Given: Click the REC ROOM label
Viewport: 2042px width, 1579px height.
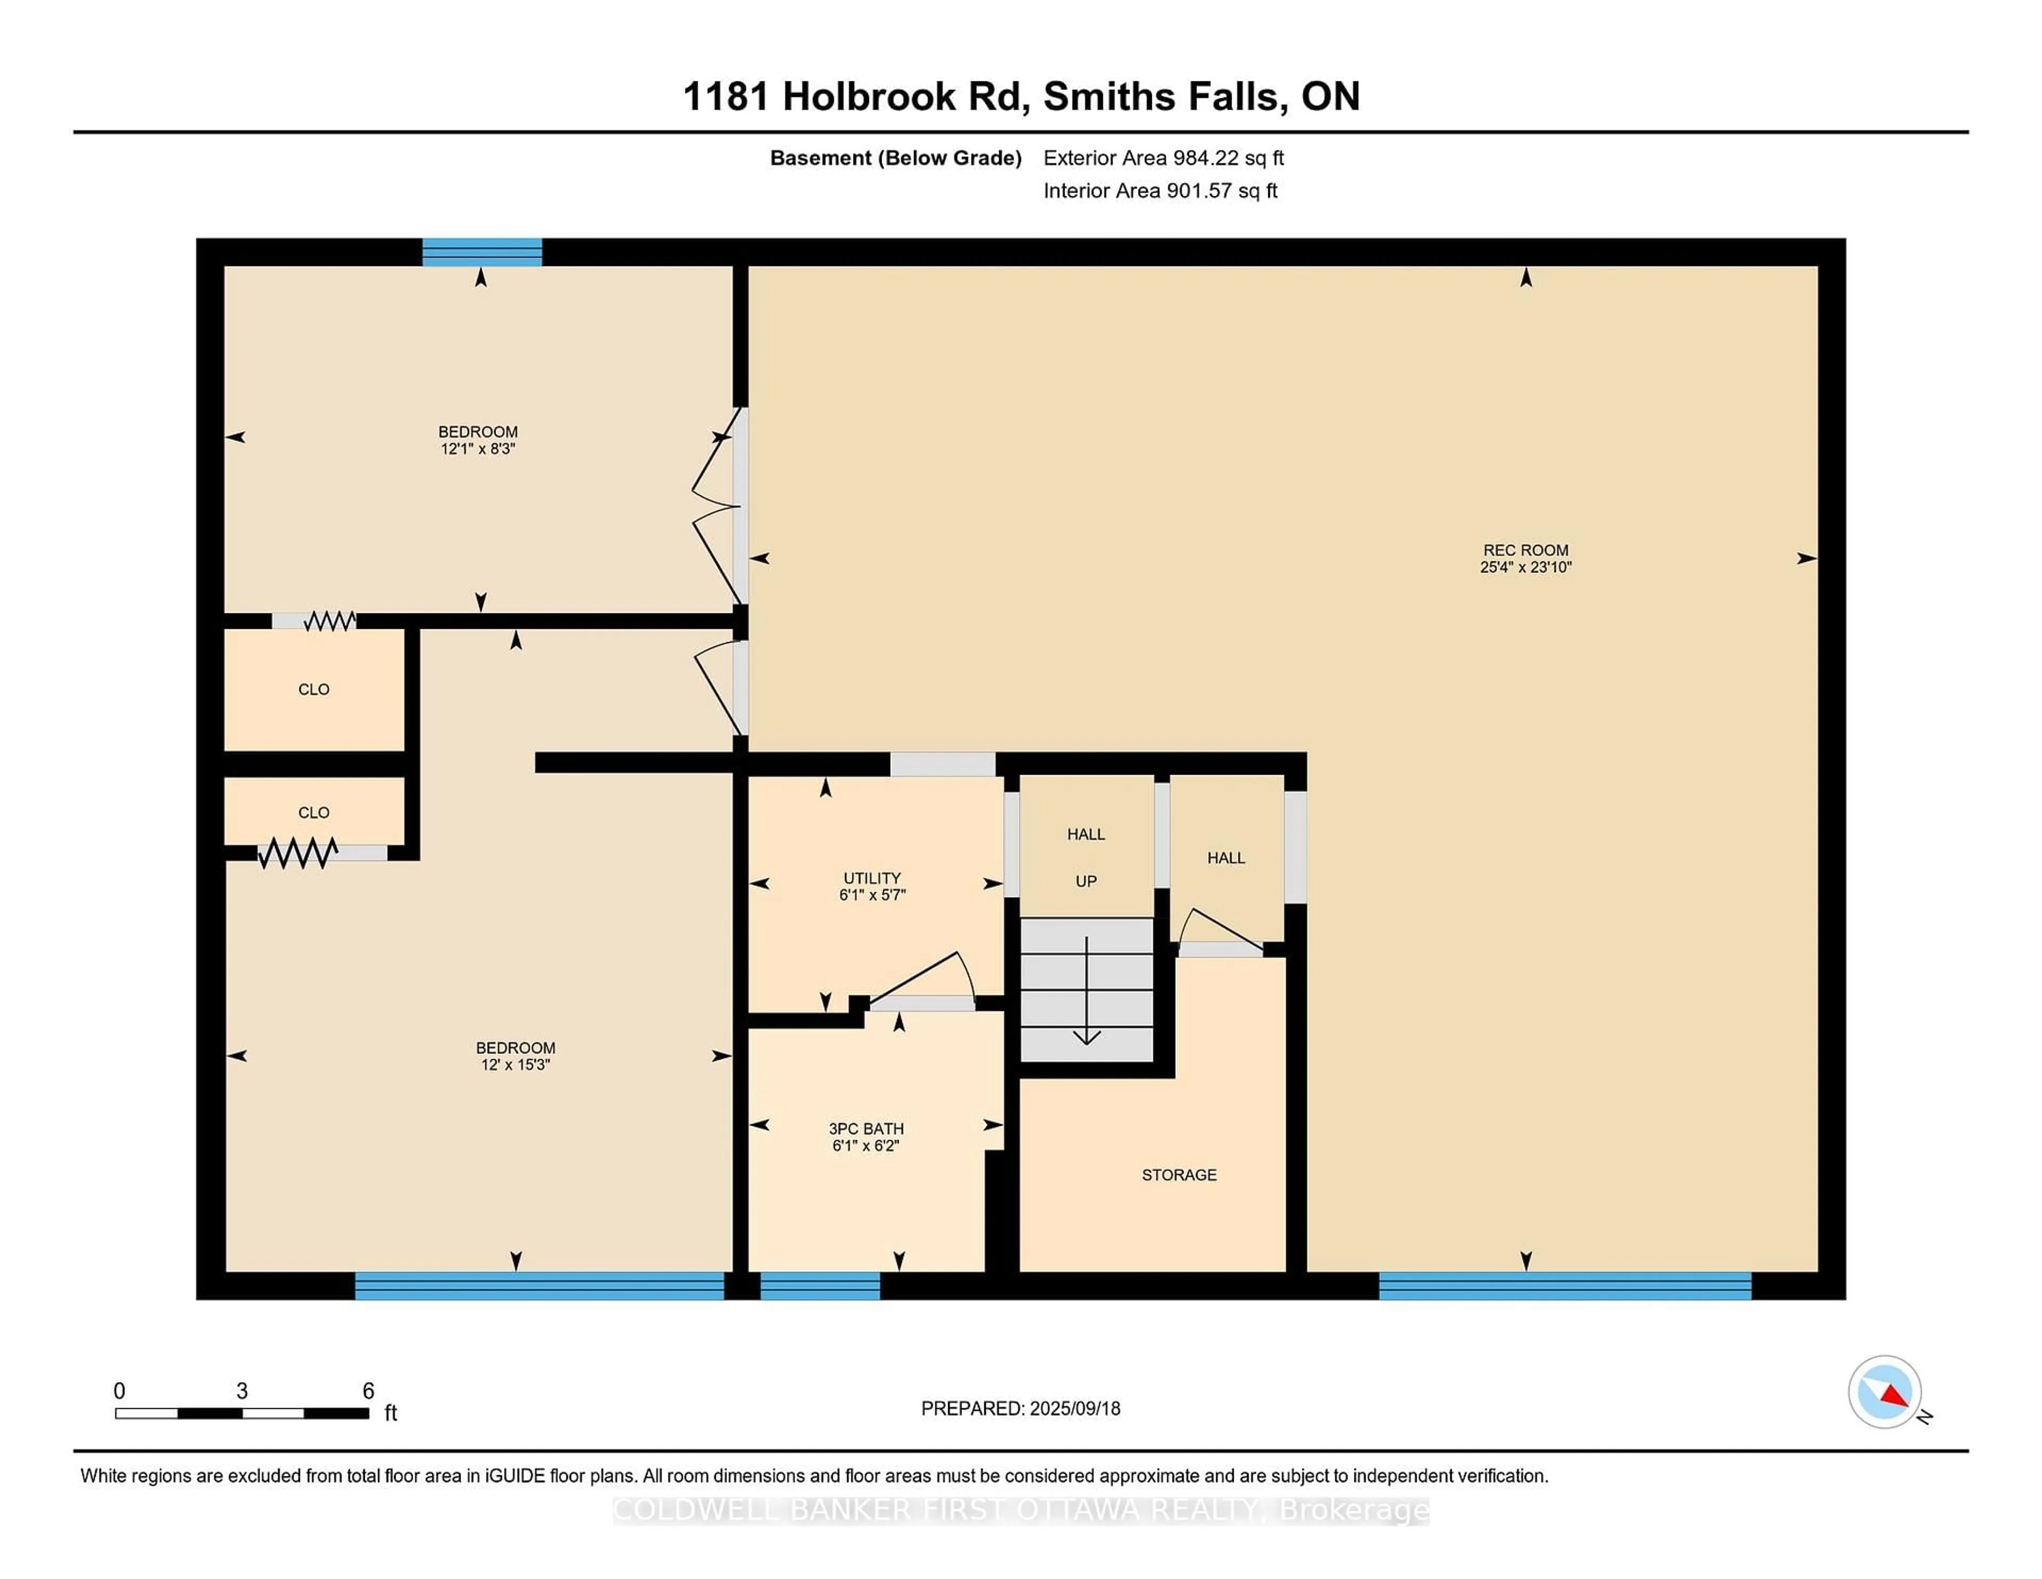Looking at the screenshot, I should pyautogui.click(x=1525, y=550).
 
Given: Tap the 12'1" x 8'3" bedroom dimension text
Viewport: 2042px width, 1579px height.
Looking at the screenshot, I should pyautogui.click(x=478, y=449).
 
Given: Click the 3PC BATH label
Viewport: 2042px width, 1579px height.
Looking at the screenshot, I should pyautogui.click(x=866, y=1128).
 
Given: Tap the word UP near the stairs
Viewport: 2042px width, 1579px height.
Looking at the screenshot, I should pyautogui.click(x=1085, y=881).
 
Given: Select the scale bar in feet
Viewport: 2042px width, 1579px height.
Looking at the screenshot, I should pyautogui.click(x=241, y=1412).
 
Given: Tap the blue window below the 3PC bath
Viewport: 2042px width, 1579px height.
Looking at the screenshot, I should pyautogui.click(x=820, y=1286).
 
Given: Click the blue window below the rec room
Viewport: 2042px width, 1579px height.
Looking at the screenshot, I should pyautogui.click(x=1564, y=1286).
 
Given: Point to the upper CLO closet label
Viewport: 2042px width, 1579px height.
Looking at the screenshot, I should pyautogui.click(x=313, y=689).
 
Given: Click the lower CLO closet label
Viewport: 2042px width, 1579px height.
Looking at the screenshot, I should pyautogui.click(x=313, y=813).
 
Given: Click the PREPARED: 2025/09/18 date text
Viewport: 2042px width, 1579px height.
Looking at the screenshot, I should pyautogui.click(x=1020, y=1409).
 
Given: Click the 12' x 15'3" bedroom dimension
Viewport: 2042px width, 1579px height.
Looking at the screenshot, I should pyautogui.click(x=515, y=1065).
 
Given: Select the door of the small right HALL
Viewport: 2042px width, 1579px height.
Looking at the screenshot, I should pyautogui.click(x=1221, y=932).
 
